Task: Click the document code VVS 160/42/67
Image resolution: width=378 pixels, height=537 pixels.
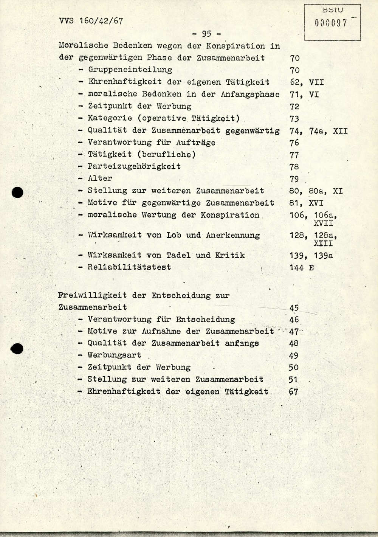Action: tap(91, 21)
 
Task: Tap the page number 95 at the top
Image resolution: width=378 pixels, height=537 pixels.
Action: tap(206, 34)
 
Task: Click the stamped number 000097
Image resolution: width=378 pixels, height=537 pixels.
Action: tap(331, 23)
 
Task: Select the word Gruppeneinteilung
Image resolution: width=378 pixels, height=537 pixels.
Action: tap(130, 70)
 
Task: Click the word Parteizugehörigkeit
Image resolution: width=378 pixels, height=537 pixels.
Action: tap(134, 166)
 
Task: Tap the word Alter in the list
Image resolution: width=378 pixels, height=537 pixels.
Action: tap(100, 178)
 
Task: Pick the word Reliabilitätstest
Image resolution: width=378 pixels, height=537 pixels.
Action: tap(129, 267)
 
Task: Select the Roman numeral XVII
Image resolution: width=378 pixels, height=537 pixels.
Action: tap(323, 223)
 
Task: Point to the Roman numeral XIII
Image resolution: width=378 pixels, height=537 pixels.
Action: tap(323, 244)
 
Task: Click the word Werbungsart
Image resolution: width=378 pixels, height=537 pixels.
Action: tap(114, 355)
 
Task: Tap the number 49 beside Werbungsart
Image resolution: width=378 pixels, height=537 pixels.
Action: tap(293, 355)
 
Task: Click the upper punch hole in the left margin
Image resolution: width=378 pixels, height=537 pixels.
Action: tap(17, 192)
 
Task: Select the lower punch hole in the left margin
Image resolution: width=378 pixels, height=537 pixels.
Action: tap(17, 348)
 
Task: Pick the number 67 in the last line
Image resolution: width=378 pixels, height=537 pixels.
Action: tap(293, 392)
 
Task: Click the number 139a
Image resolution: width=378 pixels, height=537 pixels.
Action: tap(323, 256)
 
